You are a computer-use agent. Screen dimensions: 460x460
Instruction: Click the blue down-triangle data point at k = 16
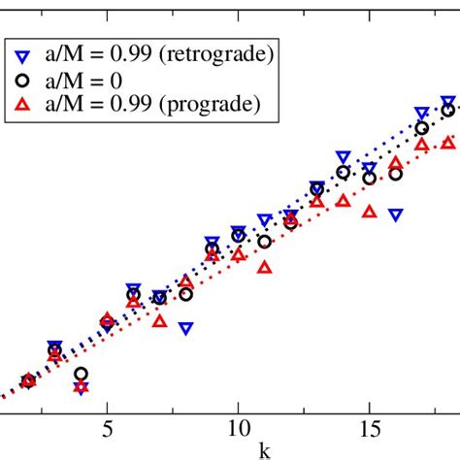point(396,214)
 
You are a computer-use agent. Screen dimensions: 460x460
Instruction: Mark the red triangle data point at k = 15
point(369,211)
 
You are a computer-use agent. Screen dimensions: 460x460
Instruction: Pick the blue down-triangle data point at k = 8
point(185,328)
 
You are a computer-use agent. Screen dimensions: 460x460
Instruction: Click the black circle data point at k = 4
point(82,374)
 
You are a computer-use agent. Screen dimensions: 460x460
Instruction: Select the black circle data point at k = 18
point(448,111)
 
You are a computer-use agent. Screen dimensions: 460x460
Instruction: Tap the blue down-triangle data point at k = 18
point(448,102)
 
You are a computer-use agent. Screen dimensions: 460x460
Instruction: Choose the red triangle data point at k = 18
point(448,143)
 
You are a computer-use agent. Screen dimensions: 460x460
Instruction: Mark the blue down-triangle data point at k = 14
point(343,156)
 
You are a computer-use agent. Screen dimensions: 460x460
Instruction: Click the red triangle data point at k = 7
point(159,320)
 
